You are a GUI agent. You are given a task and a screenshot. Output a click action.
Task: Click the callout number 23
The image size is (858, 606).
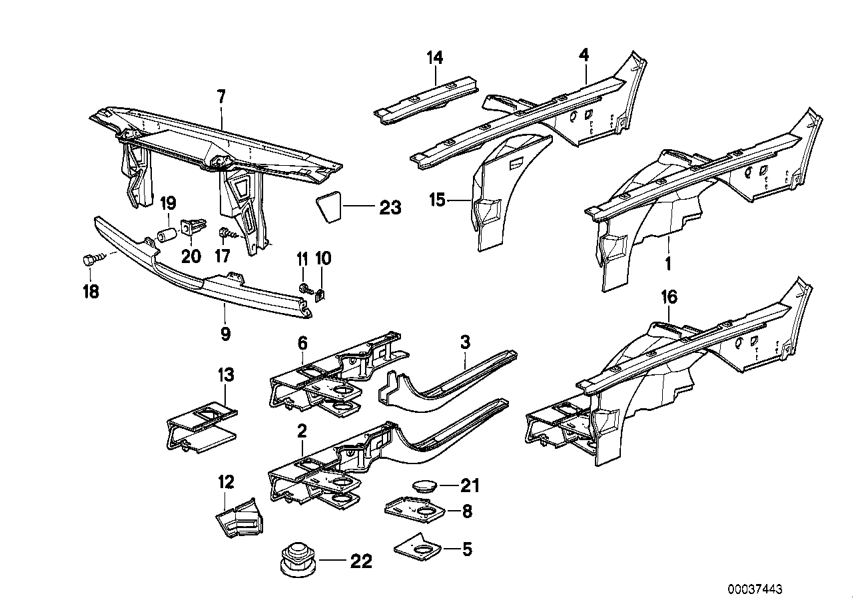390,208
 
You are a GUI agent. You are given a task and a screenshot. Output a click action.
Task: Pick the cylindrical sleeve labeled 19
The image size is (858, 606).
166,236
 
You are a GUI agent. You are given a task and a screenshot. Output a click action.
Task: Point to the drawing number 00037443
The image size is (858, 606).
755,589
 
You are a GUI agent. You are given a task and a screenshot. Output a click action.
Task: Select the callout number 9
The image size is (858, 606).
225,333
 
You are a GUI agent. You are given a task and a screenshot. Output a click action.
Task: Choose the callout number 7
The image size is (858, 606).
221,98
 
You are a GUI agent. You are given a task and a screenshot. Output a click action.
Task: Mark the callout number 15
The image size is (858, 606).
436,199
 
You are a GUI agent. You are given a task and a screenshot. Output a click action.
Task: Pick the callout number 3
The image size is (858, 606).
464,343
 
